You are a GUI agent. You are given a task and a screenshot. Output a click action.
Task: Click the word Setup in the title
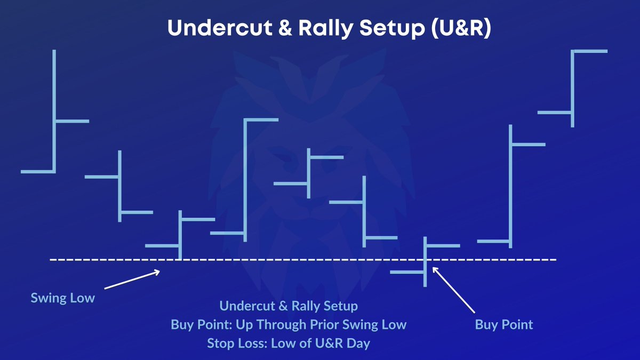pyautogui.click(x=386, y=29)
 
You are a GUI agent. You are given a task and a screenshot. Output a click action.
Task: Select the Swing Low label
pyautogui.click(x=62, y=298)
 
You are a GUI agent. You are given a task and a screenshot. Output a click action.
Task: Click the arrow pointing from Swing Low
pyautogui.click(x=132, y=280)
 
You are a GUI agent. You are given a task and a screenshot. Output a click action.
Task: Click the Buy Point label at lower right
pyautogui.click(x=504, y=324)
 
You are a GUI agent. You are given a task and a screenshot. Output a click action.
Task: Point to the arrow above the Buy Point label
pyautogui.click(x=453, y=289)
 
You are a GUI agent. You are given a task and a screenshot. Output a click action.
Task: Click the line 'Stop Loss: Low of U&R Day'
pyautogui.click(x=289, y=343)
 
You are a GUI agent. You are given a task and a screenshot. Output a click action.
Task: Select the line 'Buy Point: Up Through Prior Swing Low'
pyautogui.click(x=289, y=324)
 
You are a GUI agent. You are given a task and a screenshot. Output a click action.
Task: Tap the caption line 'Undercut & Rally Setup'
pyautogui.click(x=289, y=306)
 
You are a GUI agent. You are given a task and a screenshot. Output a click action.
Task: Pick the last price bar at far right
pyautogui.click(x=572, y=88)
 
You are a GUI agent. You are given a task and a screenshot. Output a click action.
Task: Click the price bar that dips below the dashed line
pyautogui.click(x=426, y=261)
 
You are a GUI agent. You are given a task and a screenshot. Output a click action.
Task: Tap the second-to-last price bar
pyautogui.click(x=511, y=187)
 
